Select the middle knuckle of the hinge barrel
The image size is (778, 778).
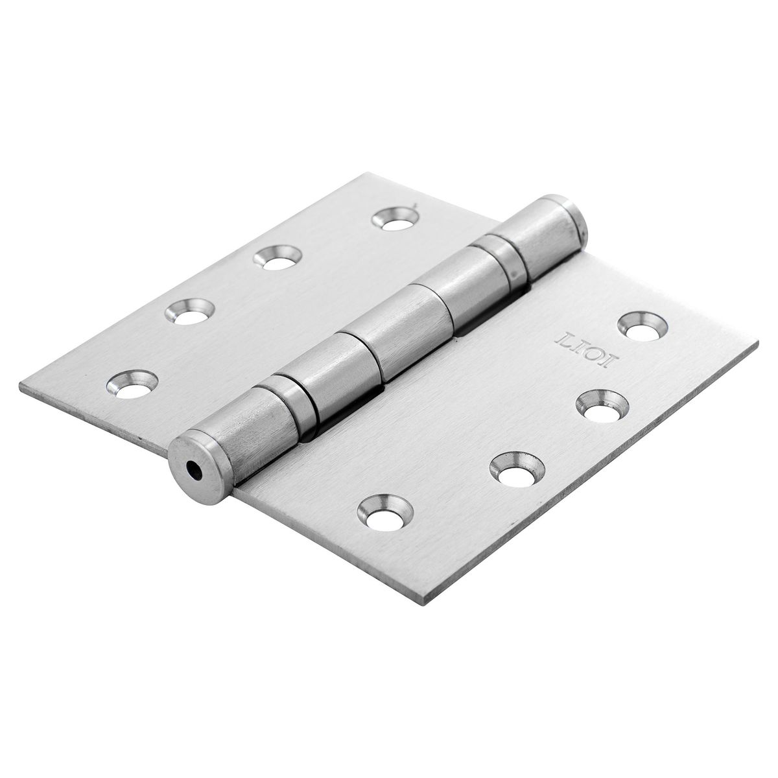tap(383, 353)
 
